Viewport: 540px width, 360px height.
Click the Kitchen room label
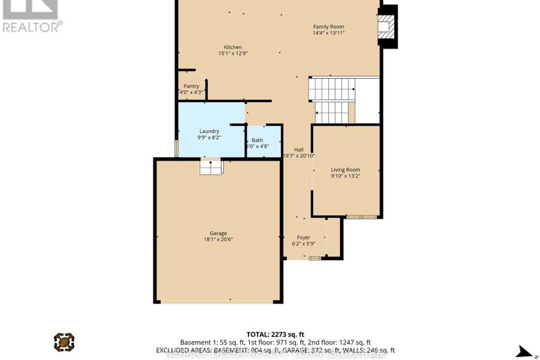click(x=233, y=47)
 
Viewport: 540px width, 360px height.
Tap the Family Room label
click(x=329, y=27)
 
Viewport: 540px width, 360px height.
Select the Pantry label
click(x=191, y=86)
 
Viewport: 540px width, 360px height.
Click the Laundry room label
click(x=209, y=131)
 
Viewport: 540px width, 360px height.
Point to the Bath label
click(x=257, y=140)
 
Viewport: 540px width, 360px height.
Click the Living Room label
click(x=346, y=169)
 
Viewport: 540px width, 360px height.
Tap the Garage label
click(x=218, y=233)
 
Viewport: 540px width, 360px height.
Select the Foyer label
click(x=303, y=237)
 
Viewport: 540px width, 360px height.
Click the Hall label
click(x=299, y=149)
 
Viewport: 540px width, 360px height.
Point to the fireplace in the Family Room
click(x=386, y=27)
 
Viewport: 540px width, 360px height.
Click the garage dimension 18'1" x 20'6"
click(x=218, y=240)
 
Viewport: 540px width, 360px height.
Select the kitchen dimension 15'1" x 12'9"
click(x=233, y=54)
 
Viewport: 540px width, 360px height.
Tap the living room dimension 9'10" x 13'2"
click(x=346, y=175)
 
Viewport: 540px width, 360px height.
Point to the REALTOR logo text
click(x=32, y=26)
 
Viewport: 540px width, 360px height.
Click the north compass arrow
click(x=522, y=352)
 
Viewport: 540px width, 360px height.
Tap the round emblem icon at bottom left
click(x=64, y=342)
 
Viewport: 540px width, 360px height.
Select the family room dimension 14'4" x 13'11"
click(x=329, y=34)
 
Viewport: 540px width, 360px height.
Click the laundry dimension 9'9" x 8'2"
click(x=209, y=137)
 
